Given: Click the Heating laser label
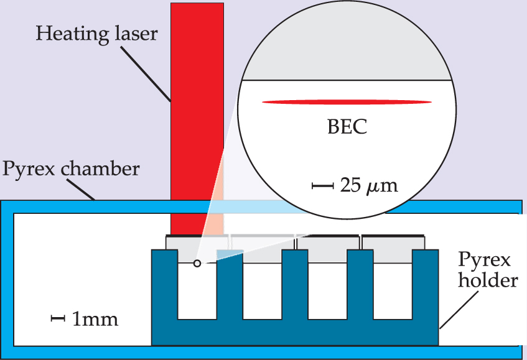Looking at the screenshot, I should tap(96, 32).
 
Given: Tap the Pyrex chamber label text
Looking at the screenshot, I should tap(72, 168).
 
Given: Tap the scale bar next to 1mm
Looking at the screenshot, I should tap(58, 319).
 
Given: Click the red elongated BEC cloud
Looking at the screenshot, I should tap(347, 102).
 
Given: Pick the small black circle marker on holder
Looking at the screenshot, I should tap(197, 264).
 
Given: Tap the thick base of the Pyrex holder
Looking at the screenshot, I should tap(296, 333).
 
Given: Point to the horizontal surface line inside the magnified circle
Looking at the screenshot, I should tap(347, 81).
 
